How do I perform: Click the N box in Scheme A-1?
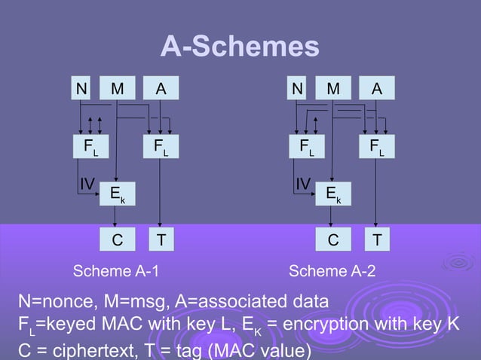[x=81, y=90]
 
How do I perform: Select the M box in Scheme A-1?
[x=117, y=90]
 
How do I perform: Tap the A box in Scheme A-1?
[x=160, y=90]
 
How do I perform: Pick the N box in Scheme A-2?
[x=299, y=90]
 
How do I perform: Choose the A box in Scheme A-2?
[x=377, y=90]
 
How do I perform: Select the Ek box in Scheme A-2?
[x=332, y=194]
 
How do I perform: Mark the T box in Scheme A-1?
[x=160, y=241]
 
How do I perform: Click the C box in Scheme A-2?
[x=332, y=241]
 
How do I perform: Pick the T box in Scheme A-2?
[x=377, y=241]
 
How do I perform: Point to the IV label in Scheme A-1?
[x=87, y=183]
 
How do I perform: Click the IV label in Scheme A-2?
[x=303, y=183]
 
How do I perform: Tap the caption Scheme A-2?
[x=332, y=271]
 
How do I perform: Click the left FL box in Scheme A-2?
[x=308, y=146]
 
